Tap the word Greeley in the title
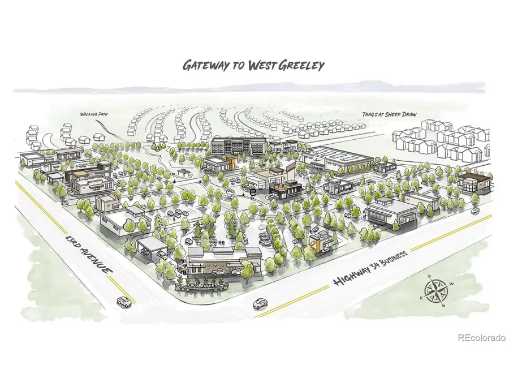302,65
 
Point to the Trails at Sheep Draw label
390,114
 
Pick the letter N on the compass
443,306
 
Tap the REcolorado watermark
481,338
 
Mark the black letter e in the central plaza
253,192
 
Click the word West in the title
262,65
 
